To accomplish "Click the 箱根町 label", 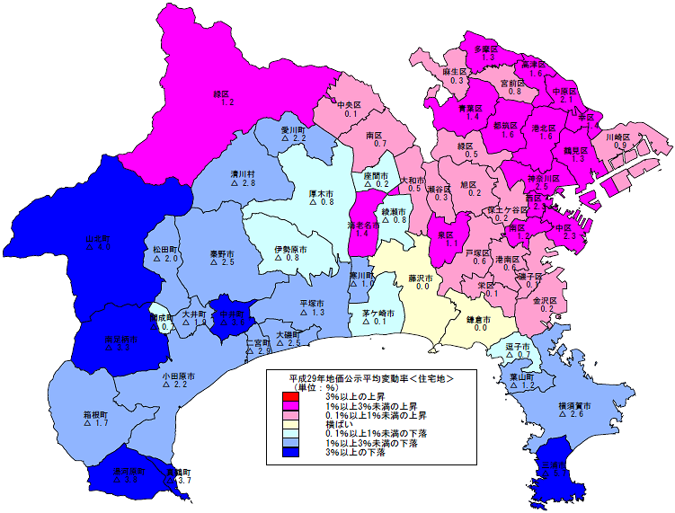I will (x=96, y=413).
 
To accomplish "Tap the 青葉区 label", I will (x=470, y=108).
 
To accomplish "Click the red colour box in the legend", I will (x=289, y=398).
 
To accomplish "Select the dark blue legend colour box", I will (x=289, y=452).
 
